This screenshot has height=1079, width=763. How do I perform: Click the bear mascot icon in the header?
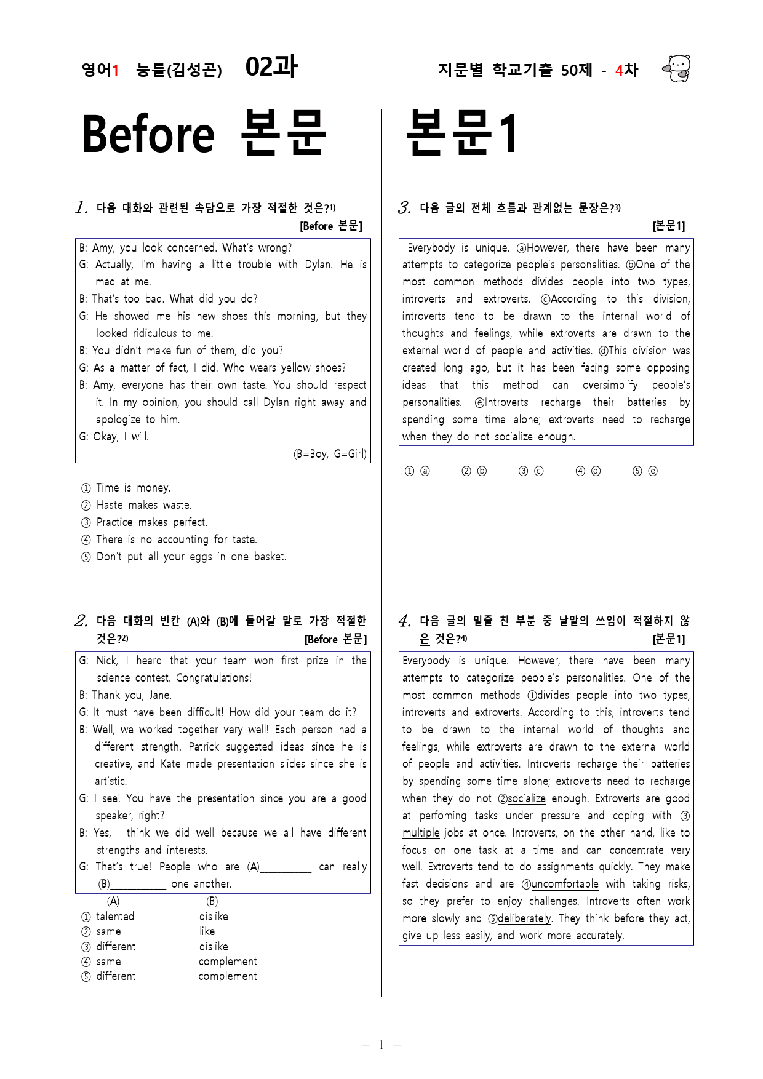677,68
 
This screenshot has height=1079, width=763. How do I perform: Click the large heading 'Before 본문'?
204,133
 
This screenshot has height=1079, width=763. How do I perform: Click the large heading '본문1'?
462,133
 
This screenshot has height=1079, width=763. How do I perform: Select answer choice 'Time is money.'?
133,488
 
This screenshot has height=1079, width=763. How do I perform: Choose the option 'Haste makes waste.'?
143,505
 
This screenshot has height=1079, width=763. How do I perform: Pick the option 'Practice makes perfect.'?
151,522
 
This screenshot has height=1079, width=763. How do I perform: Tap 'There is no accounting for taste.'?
176,539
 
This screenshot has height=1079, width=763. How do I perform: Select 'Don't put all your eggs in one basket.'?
191,557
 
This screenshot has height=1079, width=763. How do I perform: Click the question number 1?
81,208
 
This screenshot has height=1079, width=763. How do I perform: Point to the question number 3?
404,208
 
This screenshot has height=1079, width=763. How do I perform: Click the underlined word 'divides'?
553,695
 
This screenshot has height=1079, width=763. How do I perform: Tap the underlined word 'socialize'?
526,798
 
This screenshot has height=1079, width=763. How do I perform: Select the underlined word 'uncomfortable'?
564,884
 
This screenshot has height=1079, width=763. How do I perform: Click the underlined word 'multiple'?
421,833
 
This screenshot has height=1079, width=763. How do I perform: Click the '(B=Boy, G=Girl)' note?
330,454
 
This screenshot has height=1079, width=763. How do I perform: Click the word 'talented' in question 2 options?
115,917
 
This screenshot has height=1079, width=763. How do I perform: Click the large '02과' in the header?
271,67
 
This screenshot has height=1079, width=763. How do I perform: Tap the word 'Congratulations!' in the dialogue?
214,678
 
